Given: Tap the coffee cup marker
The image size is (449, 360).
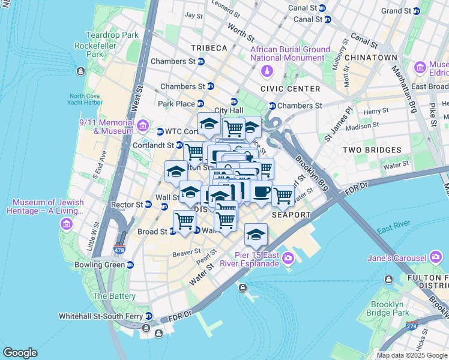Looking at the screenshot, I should pos(261,192).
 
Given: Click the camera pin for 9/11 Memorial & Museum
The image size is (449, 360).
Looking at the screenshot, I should pos(143,125).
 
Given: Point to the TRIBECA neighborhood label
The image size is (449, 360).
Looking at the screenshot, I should pos(209,48).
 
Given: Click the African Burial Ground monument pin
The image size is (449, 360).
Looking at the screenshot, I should pos(267,72).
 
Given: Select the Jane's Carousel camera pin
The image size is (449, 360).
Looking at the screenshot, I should pos(436,259).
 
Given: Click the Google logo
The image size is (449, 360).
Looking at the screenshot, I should pos(20,353).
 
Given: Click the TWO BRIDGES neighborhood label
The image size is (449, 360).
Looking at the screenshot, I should pos(371,150).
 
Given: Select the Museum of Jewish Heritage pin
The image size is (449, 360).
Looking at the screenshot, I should pos(66,224).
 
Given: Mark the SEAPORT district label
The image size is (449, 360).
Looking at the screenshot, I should pos(291,214).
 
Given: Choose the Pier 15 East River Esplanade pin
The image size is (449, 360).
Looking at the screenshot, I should pos(288,258).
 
